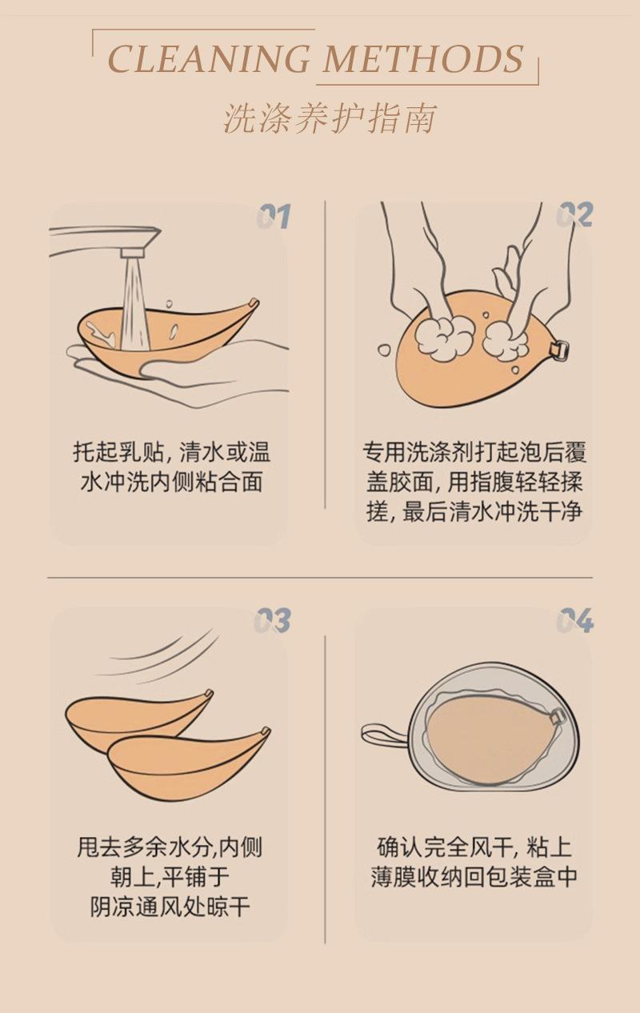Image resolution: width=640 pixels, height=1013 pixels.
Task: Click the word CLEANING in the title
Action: point(209,59)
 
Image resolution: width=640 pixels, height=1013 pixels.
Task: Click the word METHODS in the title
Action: point(423,59)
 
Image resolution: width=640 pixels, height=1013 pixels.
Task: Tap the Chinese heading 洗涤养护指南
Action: point(330,118)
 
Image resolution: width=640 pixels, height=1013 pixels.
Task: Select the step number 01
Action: point(274,216)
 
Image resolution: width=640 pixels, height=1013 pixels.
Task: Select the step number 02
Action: point(574,214)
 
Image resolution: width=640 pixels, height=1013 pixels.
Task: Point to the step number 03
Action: point(272,620)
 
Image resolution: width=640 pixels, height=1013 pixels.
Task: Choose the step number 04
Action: point(575,620)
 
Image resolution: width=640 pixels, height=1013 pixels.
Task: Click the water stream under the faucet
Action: point(134,302)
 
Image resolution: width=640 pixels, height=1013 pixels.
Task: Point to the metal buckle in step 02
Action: point(559,351)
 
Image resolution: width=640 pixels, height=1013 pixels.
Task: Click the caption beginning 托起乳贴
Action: point(171,467)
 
